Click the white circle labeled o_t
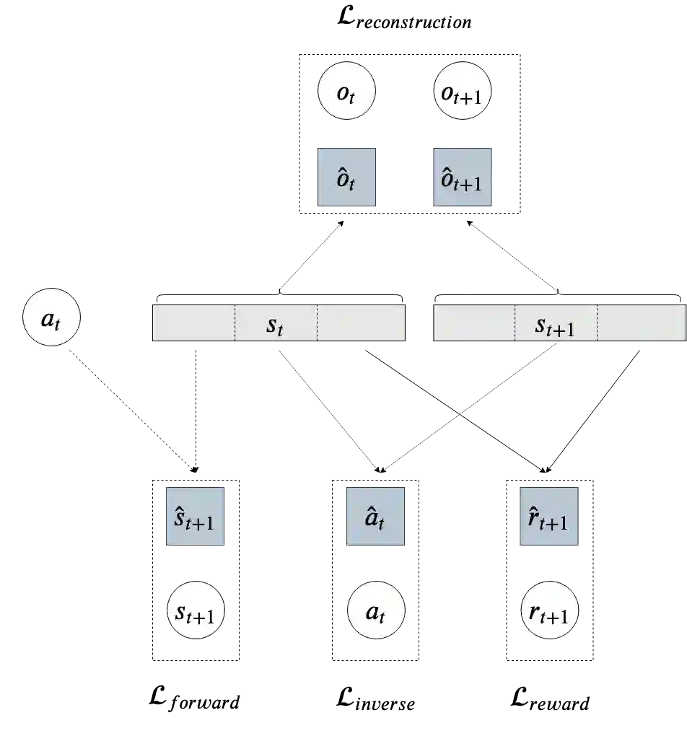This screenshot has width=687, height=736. (x=347, y=94)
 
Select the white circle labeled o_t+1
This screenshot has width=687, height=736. (x=463, y=94)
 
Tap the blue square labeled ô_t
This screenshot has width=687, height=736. (x=347, y=178)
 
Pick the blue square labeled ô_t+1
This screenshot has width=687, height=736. (x=463, y=178)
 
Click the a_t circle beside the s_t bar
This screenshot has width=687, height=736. (x=51, y=317)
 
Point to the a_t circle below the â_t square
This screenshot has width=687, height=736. (x=376, y=612)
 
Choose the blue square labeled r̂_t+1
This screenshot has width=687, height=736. (x=550, y=517)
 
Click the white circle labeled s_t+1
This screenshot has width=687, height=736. (x=196, y=612)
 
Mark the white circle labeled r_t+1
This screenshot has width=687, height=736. (x=550, y=612)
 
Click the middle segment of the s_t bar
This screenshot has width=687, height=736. (x=276, y=323)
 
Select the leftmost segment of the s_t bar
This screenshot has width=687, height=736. (x=193, y=323)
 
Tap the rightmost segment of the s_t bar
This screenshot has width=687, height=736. (x=361, y=323)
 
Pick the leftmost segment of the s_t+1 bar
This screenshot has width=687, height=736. (x=474, y=323)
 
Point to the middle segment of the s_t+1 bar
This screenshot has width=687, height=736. (x=556, y=323)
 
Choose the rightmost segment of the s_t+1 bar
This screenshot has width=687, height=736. (x=641, y=323)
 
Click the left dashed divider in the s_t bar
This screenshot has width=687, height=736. (x=235, y=323)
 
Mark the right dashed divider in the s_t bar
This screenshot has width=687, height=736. (x=317, y=323)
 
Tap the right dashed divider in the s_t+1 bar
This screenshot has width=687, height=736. (x=597, y=323)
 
